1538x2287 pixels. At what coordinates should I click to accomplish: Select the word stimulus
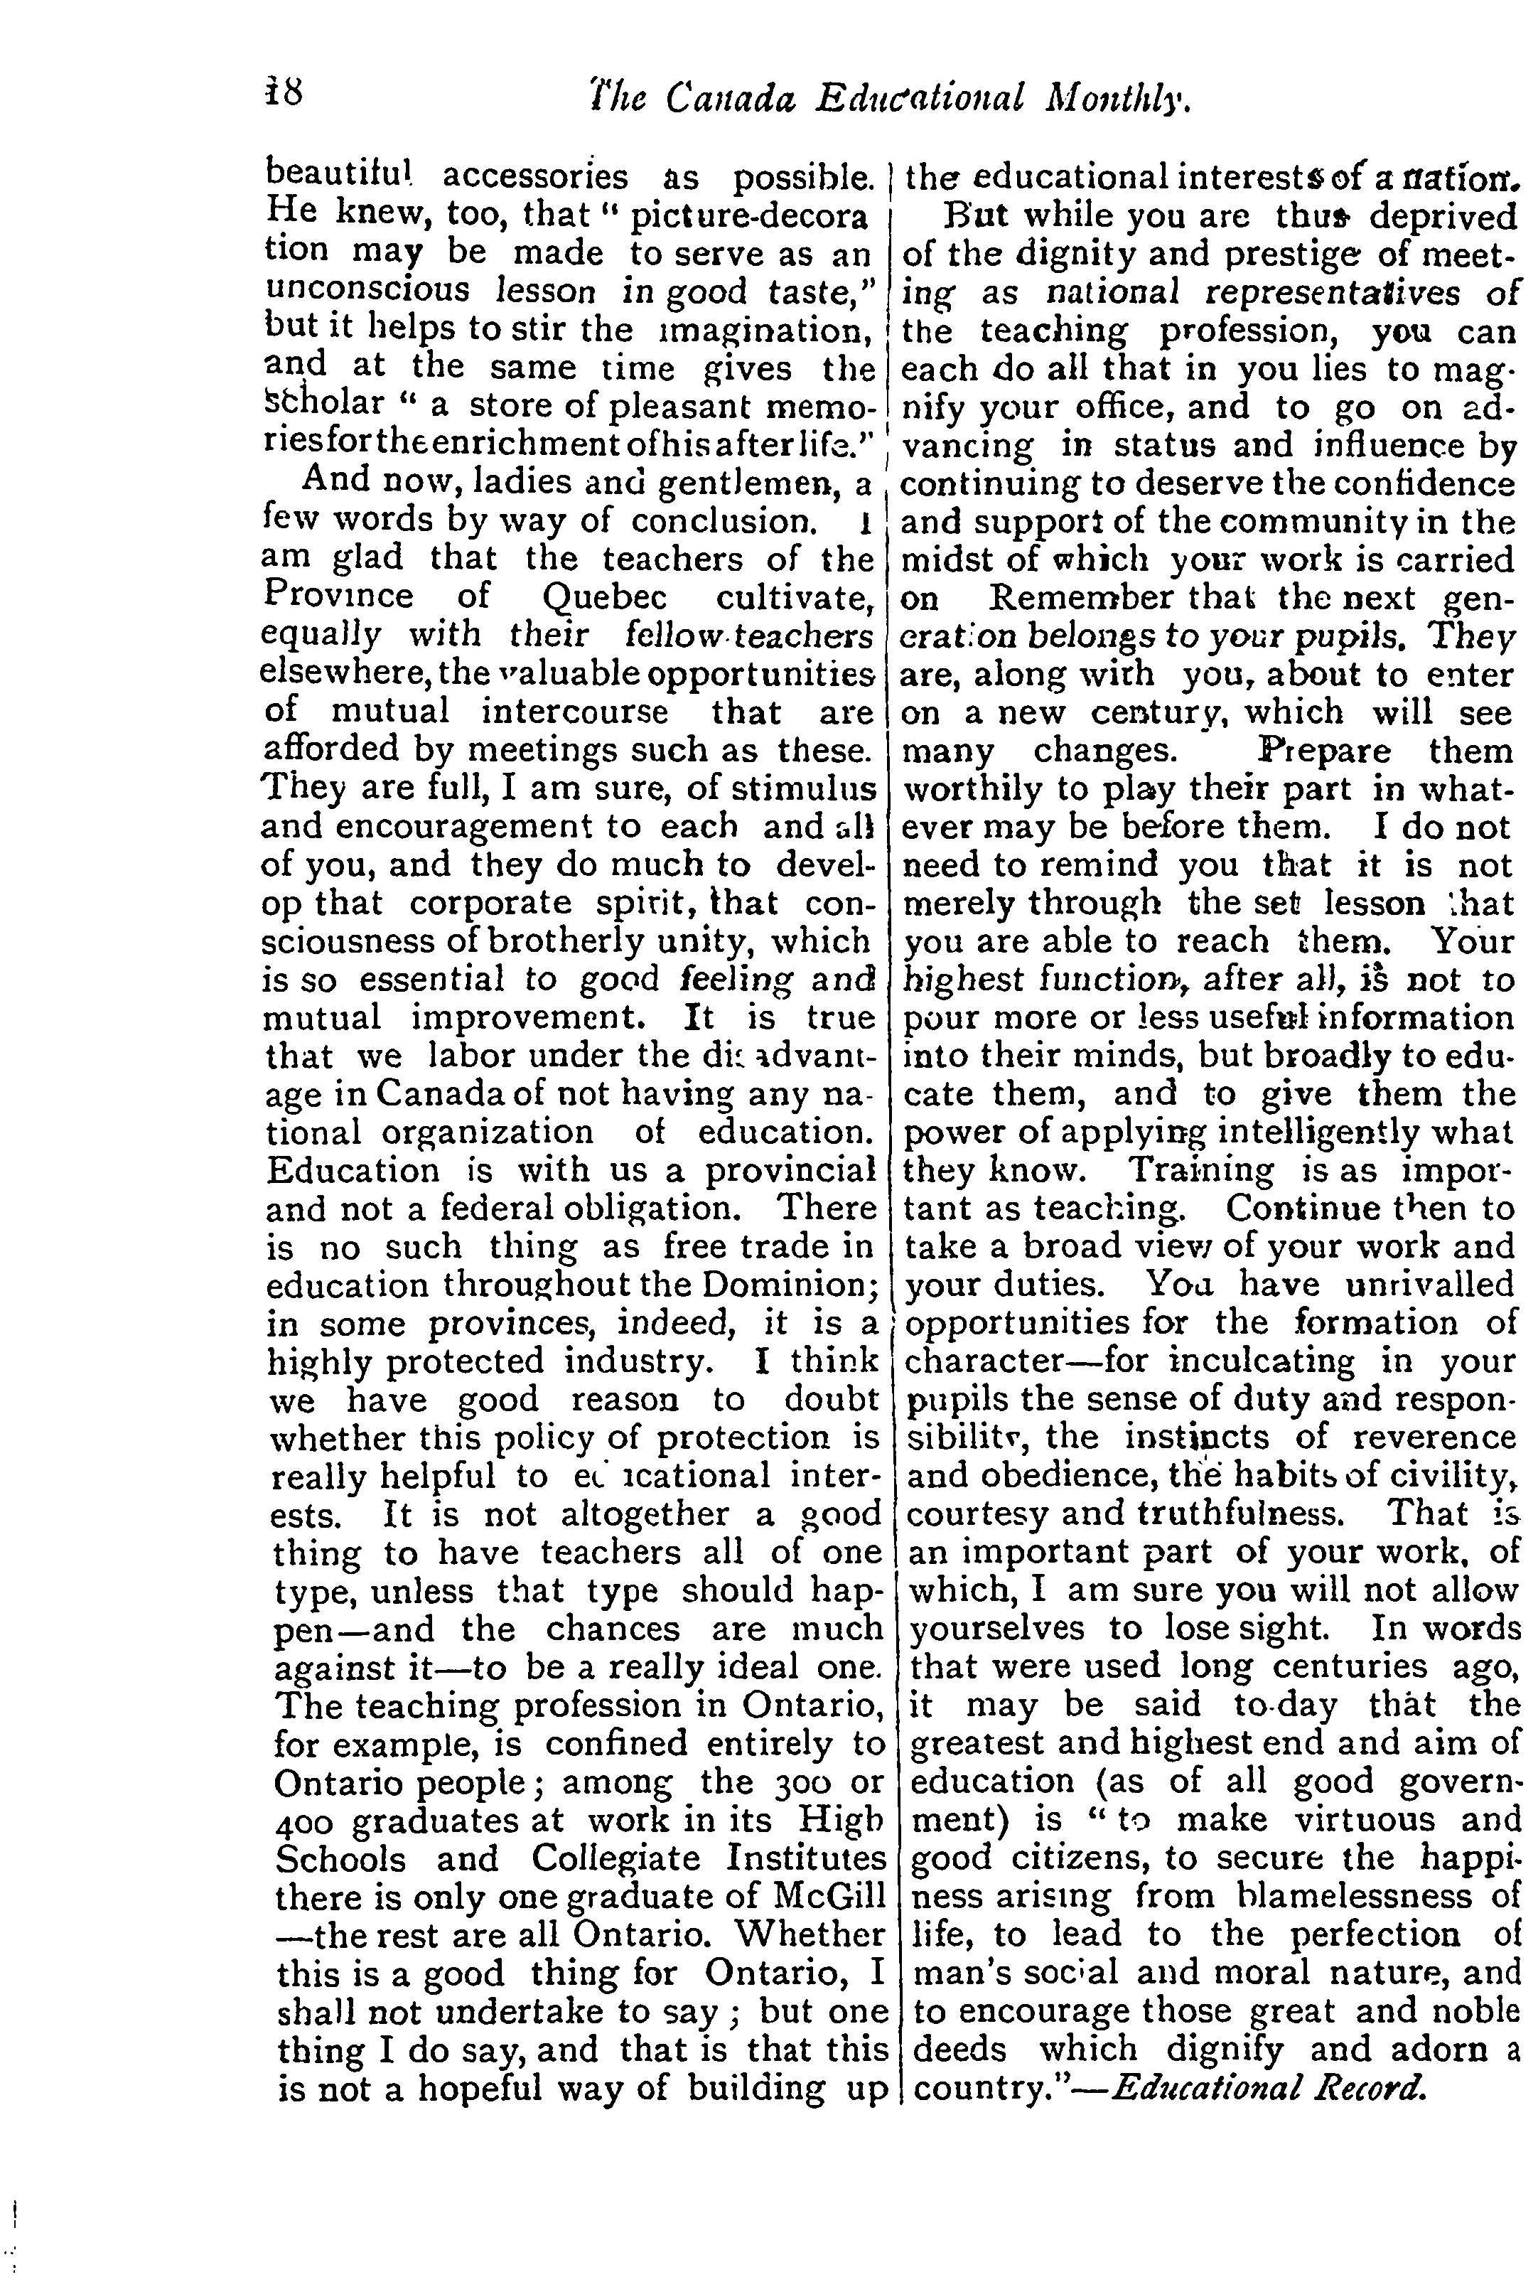pos(805,788)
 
